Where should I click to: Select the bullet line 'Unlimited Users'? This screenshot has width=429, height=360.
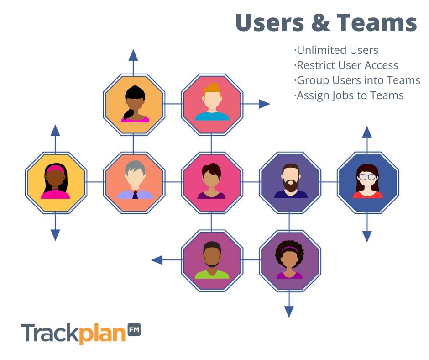tap(336, 50)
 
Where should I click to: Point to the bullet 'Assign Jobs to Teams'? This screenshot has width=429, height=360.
tap(349, 95)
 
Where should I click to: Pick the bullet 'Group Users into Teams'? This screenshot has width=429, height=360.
tap(357, 80)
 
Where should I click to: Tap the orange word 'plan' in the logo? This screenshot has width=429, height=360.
tap(103, 334)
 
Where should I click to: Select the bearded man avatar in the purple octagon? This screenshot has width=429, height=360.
tap(290, 182)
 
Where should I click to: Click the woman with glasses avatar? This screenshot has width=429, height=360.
tap(367, 182)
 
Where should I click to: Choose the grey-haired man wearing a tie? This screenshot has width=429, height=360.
tap(134, 182)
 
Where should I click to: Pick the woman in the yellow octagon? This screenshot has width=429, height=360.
tap(55, 182)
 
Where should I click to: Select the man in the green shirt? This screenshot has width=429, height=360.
tap(212, 260)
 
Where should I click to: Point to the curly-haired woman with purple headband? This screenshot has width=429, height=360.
tap(290, 260)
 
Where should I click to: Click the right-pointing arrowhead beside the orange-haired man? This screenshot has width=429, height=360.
tap(264, 104)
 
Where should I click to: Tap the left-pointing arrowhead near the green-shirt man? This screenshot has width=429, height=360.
tap(157, 260)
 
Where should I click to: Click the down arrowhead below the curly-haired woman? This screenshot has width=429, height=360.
tap(289, 312)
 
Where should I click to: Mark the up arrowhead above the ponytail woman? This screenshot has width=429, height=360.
tap(133, 56)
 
